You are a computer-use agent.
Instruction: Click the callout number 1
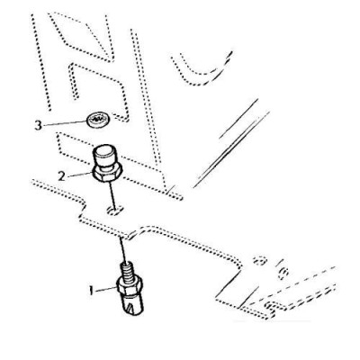pyautogui.click(x=91, y=291)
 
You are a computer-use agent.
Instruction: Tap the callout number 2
pyautogui.click(x=61, y=176)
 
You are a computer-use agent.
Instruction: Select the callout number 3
pyautogui.click(x=38, y=125)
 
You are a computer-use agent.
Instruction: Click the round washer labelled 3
pyautogui.click(x=98, y=120)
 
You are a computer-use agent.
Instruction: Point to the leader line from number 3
pyautogui.click(x=65, y=123)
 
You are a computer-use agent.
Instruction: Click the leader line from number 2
pyautogui.click(x=79, y=175)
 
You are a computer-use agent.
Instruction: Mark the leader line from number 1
pyautogui.click(x=106, y=289)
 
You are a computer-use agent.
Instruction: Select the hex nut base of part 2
pyautogui.click(x=107, y=175)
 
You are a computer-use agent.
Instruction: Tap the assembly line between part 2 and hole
pyautogui.click(x=112, y=195)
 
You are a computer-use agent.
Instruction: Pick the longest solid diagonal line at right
pyautogui.click(x=231, y=149)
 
